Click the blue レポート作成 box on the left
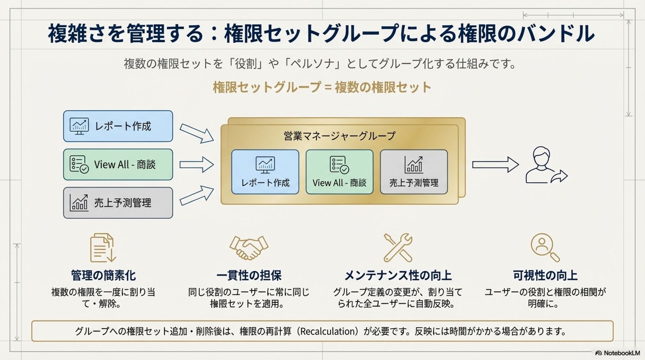(118, 126)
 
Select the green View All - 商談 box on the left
(118, 165)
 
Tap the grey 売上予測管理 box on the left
(118, 203)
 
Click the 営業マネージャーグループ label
(339, 136)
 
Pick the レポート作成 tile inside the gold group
(265, 172)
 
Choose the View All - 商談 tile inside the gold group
(339, 172)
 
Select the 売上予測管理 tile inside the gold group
(414, 172)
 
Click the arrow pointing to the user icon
(495, 165)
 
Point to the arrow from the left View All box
(197, 165)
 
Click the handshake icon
(249, 248)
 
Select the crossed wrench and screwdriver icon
(398, 248)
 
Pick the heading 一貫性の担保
(249, 275)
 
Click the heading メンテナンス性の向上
(398, 275)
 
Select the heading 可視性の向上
(545, 275)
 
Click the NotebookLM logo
(617, 353)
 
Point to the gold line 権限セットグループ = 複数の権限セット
(322, 87)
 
